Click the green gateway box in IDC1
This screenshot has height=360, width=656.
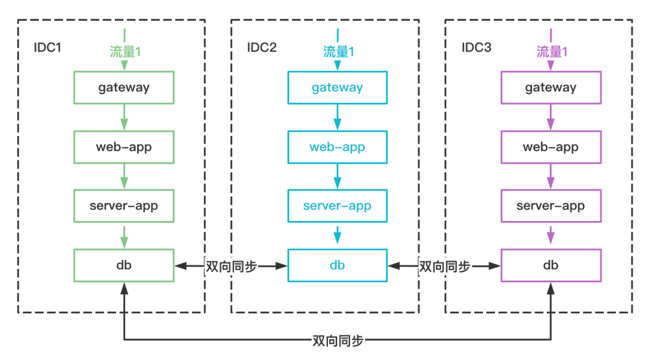pyautogui.click(x=124, y=87)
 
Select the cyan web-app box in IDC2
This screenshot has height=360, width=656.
pyautogui.click(x=337, y=147)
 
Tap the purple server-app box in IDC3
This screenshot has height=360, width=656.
pyautogui.click(x=550, y=206)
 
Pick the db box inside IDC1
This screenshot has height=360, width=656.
pyautogui.click(x=124, y=265)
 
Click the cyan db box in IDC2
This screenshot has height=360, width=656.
pyautogui.click(x=337, y=265)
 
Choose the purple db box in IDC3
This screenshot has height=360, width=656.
pyautogui.click(x=550, y=265)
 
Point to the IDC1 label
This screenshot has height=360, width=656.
pyautogui.click(x=48, y=47)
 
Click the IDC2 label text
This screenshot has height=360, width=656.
pyautogui.click(x=261, y=47)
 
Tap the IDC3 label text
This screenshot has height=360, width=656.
pyautogui.click(x=476, y=47)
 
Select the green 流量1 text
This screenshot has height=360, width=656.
pyautogui.click(x=125, y=52)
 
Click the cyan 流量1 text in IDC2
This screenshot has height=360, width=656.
pyautogui.click(x=338, y=52)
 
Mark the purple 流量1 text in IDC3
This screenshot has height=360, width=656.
pyautogui.click(x=552, y=52)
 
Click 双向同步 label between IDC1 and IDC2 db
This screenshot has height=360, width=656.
pyautogui.click(x=231, y=266)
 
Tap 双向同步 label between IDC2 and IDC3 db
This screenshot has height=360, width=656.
pyautogui.click(x=445, y=266)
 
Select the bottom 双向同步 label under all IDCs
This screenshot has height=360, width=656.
pyautogui.click(x=337, y=340)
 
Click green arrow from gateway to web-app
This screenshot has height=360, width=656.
pyautogui.click(x=124, y=117)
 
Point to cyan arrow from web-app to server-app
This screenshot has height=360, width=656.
pyautogui.click(x=337, y=176)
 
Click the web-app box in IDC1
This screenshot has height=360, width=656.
pyautogui.click(x=124, y=147)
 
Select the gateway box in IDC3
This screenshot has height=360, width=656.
pyautogui.click(x=550, y=87)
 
